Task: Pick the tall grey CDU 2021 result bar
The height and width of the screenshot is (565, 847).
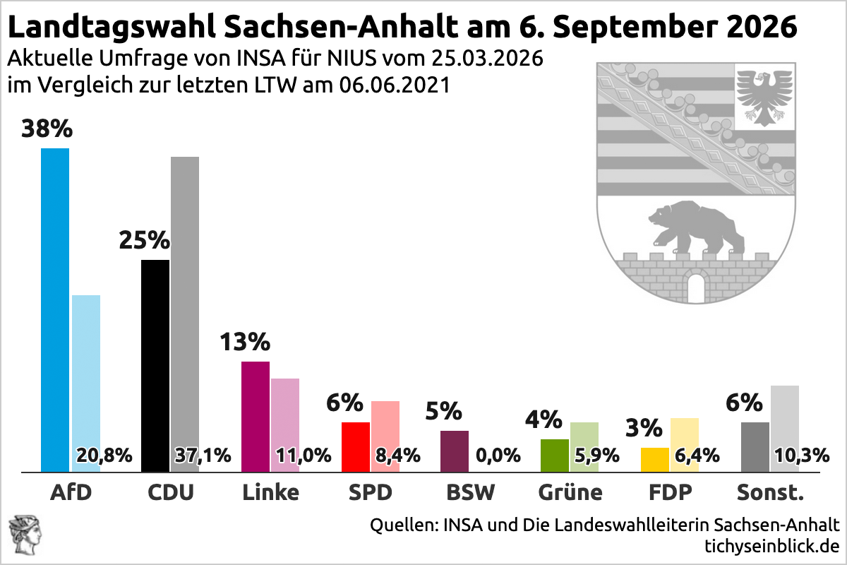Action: coord(185,297)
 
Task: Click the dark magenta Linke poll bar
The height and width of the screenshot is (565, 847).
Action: coord(256,416)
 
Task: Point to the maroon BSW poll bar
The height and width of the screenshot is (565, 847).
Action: coord(455,451)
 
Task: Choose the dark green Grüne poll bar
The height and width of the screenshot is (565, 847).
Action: coord(554,455)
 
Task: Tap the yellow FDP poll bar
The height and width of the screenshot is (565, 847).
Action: coord(654,459)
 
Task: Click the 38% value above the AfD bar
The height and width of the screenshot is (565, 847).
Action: coord(47,129)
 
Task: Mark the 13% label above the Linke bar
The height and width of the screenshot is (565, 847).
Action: coord(245,343)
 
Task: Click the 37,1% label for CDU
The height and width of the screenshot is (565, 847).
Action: coord(203,456)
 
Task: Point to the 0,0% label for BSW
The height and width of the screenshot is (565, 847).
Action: coord(498,456)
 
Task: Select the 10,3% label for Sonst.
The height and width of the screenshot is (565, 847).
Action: coord(801,456)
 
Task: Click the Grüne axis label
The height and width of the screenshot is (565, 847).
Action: coord(570,492)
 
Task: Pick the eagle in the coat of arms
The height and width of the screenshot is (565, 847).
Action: coord(762,95)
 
